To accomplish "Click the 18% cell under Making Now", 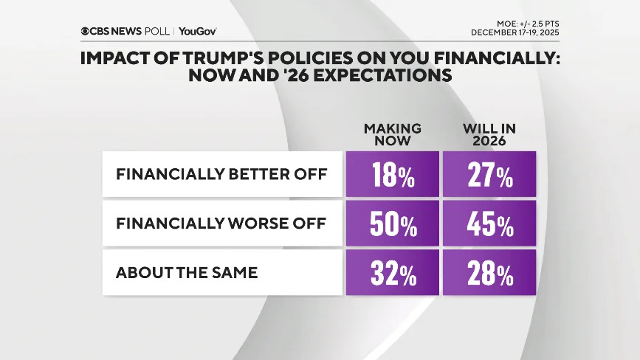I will tap(392, 175).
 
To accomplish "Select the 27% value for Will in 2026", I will tap(489, 175).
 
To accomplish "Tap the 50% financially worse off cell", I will tap(392, 224).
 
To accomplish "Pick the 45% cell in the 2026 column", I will tap(489, 224).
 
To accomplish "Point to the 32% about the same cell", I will tap(392, 272).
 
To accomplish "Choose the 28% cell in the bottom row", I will tap(489, 272).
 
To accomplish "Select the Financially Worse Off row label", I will tap(221, 224).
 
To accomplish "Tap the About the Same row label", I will tap(187, 272).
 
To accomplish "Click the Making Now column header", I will tap(392, 134).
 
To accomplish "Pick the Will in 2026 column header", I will tap(489, 134).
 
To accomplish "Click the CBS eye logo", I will tap(86, 31).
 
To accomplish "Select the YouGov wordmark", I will tap(197, 31).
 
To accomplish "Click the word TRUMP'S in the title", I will tap(230, 59).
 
